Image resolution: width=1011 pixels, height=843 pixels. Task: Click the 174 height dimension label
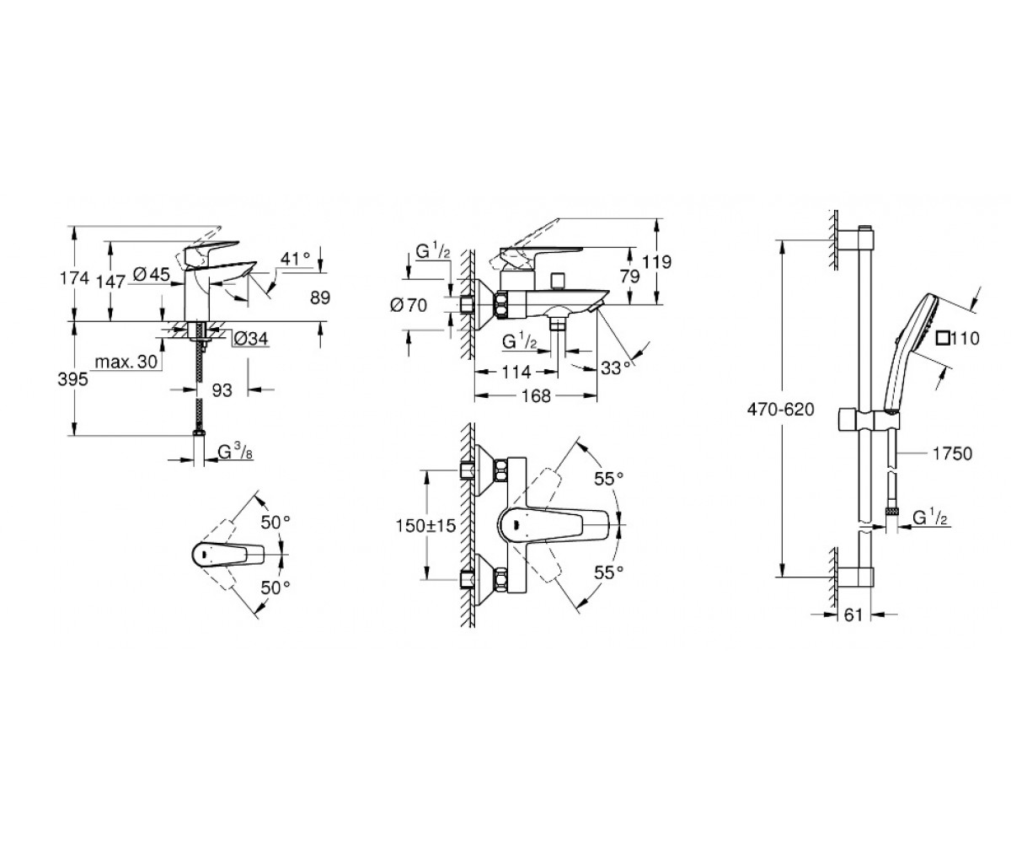point(74,278)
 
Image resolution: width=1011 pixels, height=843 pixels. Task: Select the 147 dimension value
point(111,282)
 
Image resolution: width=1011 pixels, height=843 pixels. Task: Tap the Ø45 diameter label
point(151,275)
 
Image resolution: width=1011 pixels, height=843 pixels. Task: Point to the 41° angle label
point(296,258)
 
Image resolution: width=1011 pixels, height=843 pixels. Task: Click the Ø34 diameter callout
point(251,339)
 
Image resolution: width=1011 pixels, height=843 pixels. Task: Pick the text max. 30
point(126,362)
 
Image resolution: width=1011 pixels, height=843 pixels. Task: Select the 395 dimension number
point(72,379)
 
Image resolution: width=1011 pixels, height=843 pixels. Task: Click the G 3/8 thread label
point(235,452)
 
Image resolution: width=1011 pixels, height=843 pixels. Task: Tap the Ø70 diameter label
point(409,305)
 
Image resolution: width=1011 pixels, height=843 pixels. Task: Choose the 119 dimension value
point(656,262)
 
